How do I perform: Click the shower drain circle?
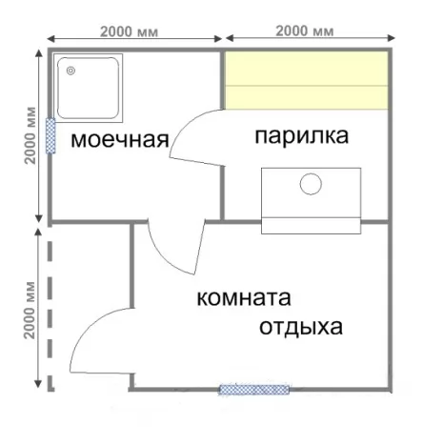click(x=70, y=71)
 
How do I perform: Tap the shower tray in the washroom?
click(x=88, y=89)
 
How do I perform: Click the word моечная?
click(x=120, y=139)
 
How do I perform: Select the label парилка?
click(x=302, y=136)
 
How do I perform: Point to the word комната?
click(x=244, y=298)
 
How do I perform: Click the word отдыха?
click(x=301, y=327)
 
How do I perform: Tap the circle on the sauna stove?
click(x=311, y=184)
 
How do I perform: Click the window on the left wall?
click(x=50, y=135)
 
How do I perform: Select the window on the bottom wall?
click(x=254, y=389)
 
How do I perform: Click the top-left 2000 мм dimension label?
click(x=129, y=32)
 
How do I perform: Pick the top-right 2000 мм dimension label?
click(x=305, y=31)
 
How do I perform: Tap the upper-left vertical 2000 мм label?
click(x=30, y=135)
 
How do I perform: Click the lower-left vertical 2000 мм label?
click(x=30, y=310)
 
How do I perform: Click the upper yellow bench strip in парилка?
click(x=307, y=69)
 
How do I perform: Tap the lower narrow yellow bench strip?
click(x=307, y=97)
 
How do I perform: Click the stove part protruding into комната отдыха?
click(x=311, y=226)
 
